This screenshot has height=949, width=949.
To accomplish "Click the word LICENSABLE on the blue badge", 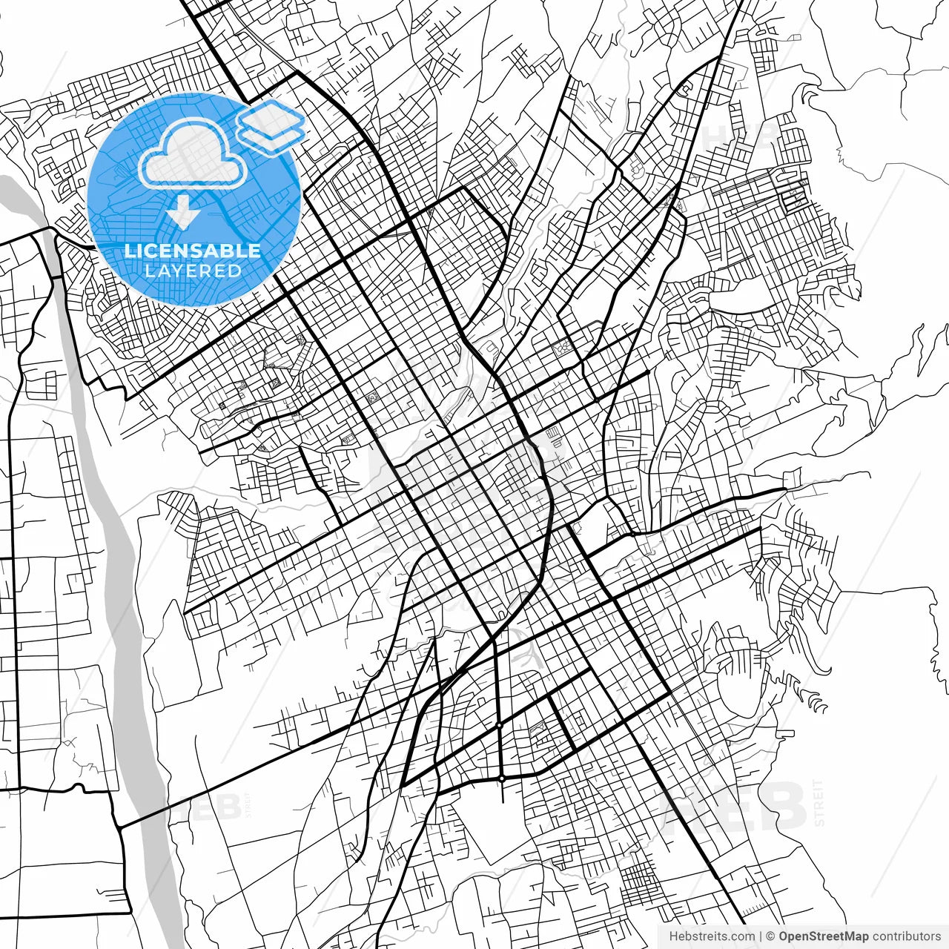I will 193,251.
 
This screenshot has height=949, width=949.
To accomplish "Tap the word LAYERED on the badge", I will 193,271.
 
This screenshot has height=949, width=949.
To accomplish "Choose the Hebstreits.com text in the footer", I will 712,936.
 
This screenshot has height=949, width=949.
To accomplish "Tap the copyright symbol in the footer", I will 771,936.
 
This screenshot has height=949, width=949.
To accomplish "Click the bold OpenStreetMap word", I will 823,936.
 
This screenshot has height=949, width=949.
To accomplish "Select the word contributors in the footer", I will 906,936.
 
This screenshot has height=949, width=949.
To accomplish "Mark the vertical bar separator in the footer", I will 761,936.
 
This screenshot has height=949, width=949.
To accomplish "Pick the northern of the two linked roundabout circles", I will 500,724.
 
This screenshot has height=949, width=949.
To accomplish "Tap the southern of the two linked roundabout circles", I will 502,778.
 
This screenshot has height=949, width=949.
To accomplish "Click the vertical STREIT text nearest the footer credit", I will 819,802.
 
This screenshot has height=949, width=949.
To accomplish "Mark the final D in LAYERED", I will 236,271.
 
